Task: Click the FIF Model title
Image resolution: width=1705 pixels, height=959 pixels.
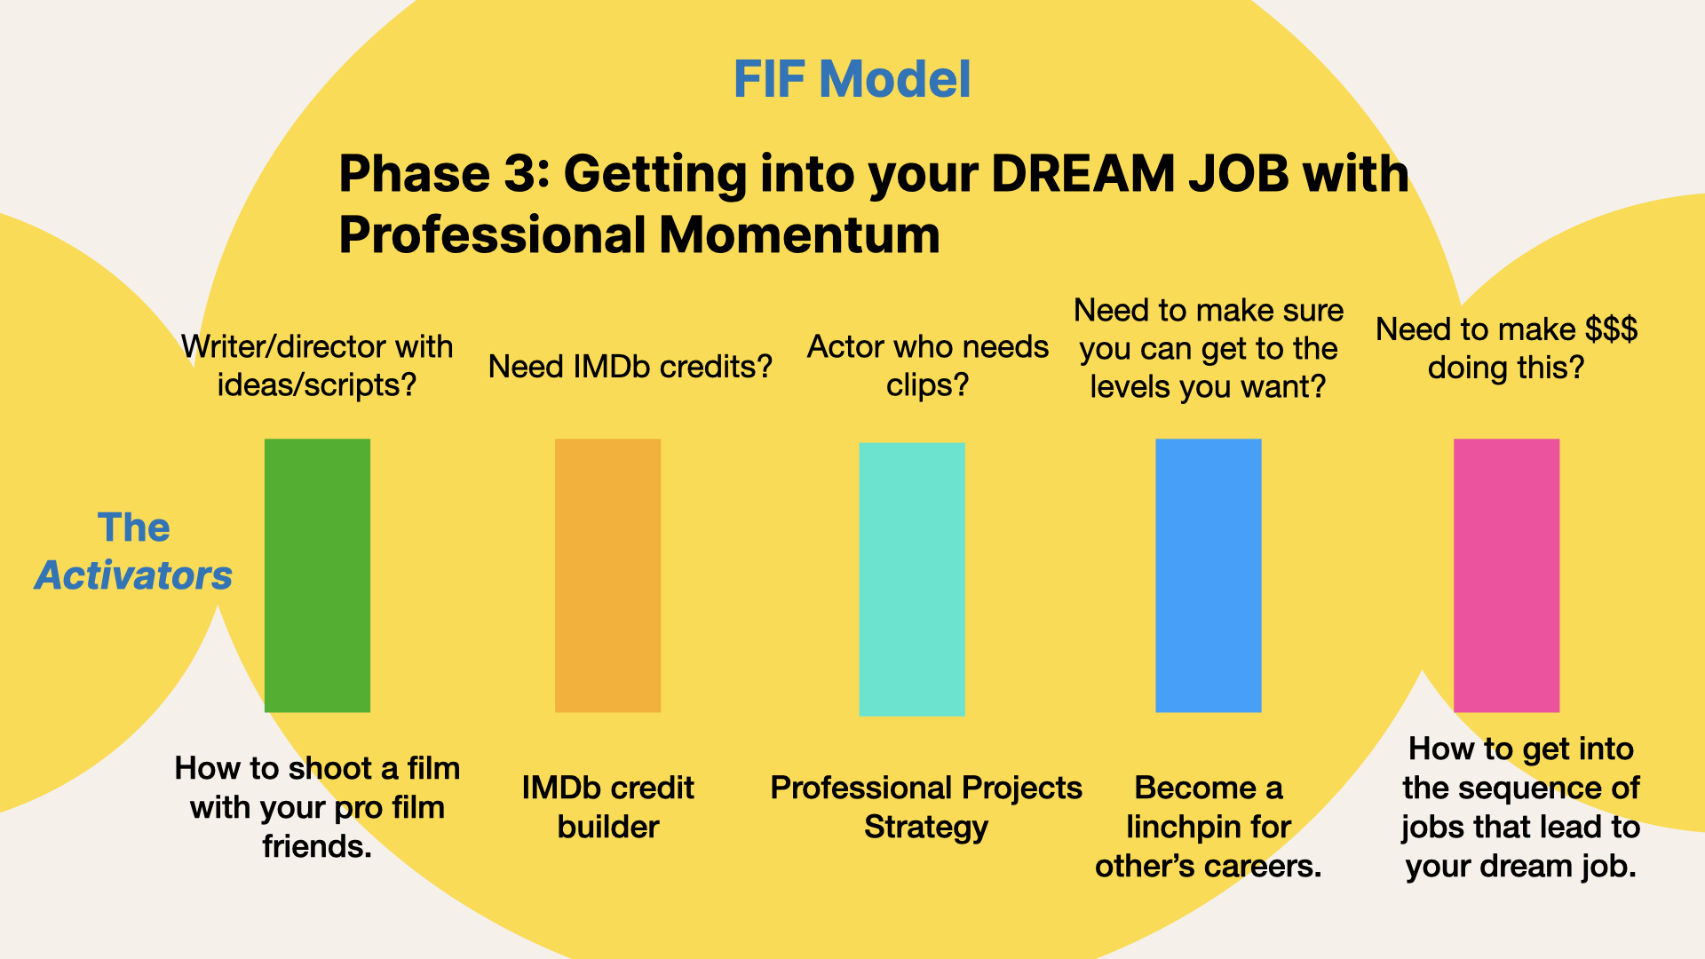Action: [x=852, y=79]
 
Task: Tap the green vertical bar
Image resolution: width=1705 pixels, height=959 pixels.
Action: [x=317, y=575]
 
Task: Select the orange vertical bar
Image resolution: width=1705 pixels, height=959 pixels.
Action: [x=607, y=575]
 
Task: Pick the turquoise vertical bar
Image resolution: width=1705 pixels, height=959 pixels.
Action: [x=912, y=579]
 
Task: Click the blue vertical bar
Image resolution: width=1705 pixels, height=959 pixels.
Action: [x=1208, y=575]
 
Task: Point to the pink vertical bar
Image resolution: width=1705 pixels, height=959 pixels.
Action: [x=1506, y=575]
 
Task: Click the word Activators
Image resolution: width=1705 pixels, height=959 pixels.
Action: [x=133, y=575]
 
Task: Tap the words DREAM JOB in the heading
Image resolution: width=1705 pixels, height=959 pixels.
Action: [x=1139, y=173]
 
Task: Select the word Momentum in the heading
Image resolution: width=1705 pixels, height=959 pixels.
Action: [x=799, y=235]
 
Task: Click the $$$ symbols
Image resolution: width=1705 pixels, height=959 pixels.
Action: [x=1612, y=329]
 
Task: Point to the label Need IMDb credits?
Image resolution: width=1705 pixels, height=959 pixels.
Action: [x=630, y=367]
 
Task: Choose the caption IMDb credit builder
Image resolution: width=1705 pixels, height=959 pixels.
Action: [x=608, y=807]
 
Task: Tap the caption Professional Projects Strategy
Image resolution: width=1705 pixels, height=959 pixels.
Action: [x=926, y=807]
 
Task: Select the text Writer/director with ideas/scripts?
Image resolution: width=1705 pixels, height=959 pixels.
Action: [x=317, y=366]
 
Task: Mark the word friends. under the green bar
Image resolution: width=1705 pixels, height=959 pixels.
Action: [x=317, y=847]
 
